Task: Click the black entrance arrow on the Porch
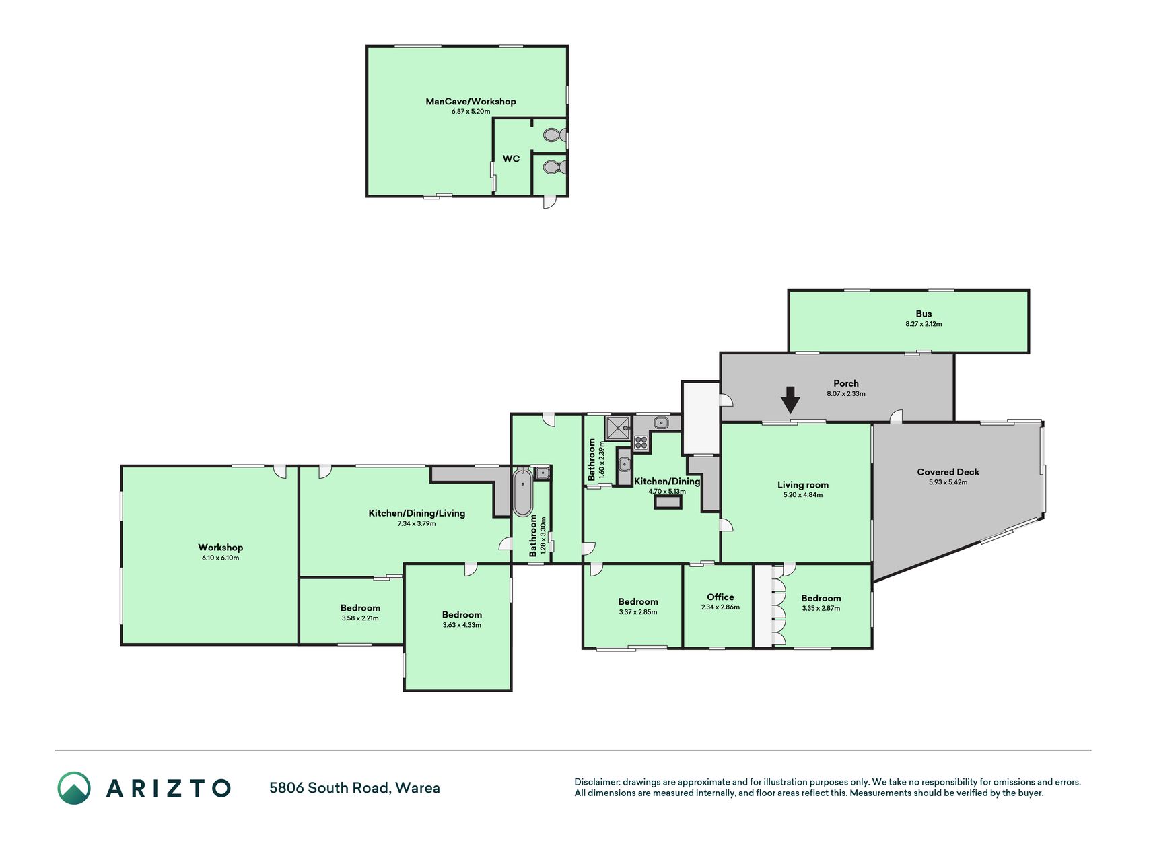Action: [790, 399]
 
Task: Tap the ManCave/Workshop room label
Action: [471, 102]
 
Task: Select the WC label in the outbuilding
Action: [511, 159]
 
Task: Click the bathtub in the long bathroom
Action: [522, 492]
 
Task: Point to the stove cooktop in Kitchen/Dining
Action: [641, 442]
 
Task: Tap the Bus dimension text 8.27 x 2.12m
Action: [924, 324]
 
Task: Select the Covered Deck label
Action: [948, 472]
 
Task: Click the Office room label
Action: [720, 597]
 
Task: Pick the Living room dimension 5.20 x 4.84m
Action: [803, 495]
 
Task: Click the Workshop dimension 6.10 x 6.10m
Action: [220, 558]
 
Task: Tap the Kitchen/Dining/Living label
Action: [417, 513]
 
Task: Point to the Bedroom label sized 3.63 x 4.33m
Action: [462, 615]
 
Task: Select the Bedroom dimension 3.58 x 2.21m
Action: [360, 618]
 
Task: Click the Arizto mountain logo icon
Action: [73, 788]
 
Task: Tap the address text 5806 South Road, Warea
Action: [355, 788]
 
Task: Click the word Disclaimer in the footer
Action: [596, 782]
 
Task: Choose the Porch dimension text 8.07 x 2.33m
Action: [846, 394]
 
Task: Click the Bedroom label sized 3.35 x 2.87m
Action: [821, 599]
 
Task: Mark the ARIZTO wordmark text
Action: [168, 788]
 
